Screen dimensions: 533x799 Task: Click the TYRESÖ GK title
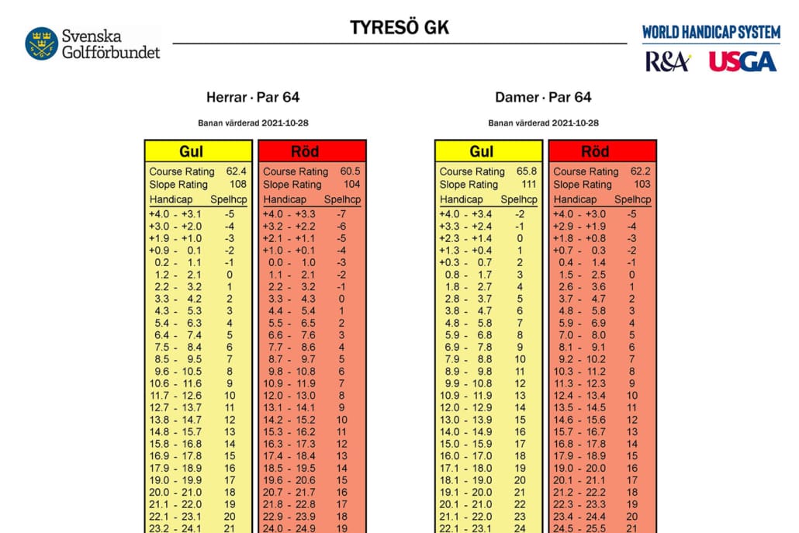click(x=399, y=27)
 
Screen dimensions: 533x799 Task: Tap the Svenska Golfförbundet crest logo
click(x=41, y=43)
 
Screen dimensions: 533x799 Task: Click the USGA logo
click(x=742, y=62)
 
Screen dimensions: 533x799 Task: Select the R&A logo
click(x=666, y=62)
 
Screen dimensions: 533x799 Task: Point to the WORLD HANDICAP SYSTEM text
click(x=711, y=32)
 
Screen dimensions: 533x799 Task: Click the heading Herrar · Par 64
click(x=253, y=97)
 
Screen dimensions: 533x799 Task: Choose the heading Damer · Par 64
click(x=543, y=97)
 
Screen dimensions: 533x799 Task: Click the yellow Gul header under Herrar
click(x=198, y=151)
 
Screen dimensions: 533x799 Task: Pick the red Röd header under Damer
click(x=602, y=151)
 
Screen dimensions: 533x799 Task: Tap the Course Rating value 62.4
click(x=236, y=171)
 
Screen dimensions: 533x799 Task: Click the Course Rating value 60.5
click(x=350, y=171)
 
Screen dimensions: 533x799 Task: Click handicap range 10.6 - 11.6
click(x=175, y=383)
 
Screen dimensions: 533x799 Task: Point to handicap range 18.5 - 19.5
click(x=289, y=468)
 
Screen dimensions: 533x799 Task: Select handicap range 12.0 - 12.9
click(x=465, y=407)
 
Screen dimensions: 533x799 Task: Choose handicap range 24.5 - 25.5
click(x=579, y=528)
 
